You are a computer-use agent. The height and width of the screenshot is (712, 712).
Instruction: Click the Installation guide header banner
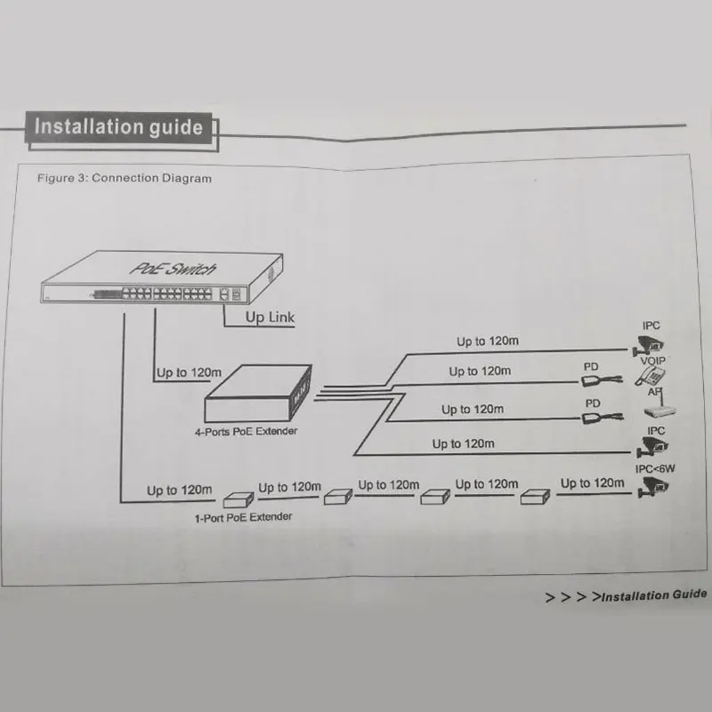(x=118, y=126)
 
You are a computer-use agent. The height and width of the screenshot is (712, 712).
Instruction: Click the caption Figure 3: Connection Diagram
(x=125, y=178)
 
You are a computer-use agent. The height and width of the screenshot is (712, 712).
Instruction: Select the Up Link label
(x=270, y=317)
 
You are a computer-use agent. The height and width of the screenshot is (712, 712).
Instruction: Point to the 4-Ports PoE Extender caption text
(x=247, y=432)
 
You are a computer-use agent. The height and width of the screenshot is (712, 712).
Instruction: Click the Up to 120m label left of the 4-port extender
(x=189, y=372)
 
